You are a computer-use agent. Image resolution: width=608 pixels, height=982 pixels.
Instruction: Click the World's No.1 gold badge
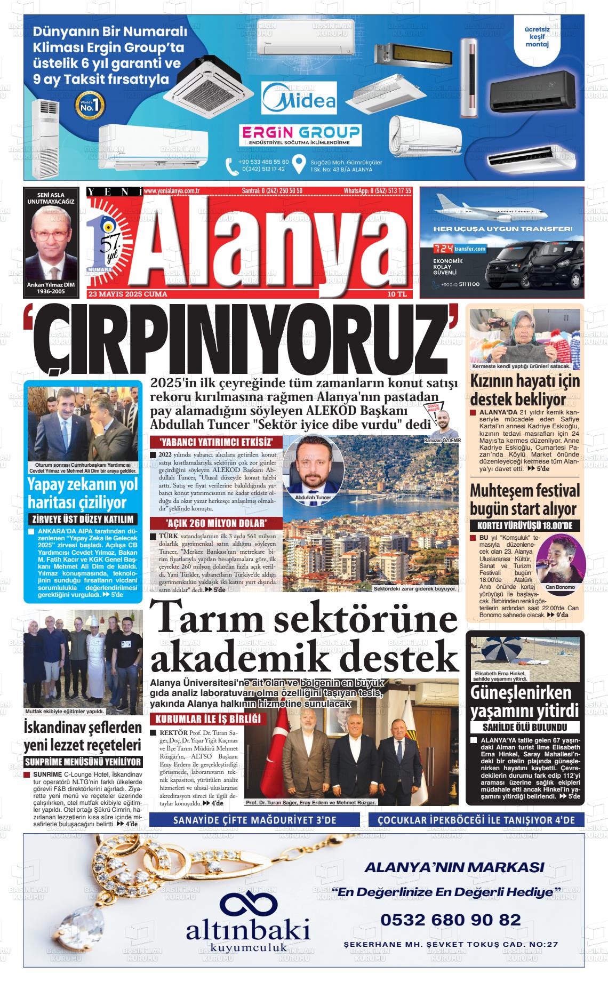90,105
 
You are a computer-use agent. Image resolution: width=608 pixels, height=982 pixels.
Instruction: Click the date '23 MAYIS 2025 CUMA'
128,294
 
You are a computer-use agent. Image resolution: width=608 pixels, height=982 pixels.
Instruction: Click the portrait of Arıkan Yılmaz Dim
51,243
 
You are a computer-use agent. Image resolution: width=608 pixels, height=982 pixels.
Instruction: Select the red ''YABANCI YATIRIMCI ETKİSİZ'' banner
216,442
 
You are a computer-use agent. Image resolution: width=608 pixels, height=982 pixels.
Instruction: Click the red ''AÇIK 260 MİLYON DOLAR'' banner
216,523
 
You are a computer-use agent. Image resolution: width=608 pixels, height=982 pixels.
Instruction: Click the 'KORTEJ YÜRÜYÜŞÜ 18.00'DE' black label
525,525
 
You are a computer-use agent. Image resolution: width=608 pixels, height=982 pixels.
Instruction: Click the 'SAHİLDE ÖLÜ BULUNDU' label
525,727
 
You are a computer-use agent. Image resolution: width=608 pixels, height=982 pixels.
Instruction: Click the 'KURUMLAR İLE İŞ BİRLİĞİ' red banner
208,718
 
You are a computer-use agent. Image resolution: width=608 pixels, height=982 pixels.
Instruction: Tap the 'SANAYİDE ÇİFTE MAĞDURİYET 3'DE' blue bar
255,820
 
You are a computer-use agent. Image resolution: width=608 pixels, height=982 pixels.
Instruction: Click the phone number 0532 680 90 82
451,920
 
